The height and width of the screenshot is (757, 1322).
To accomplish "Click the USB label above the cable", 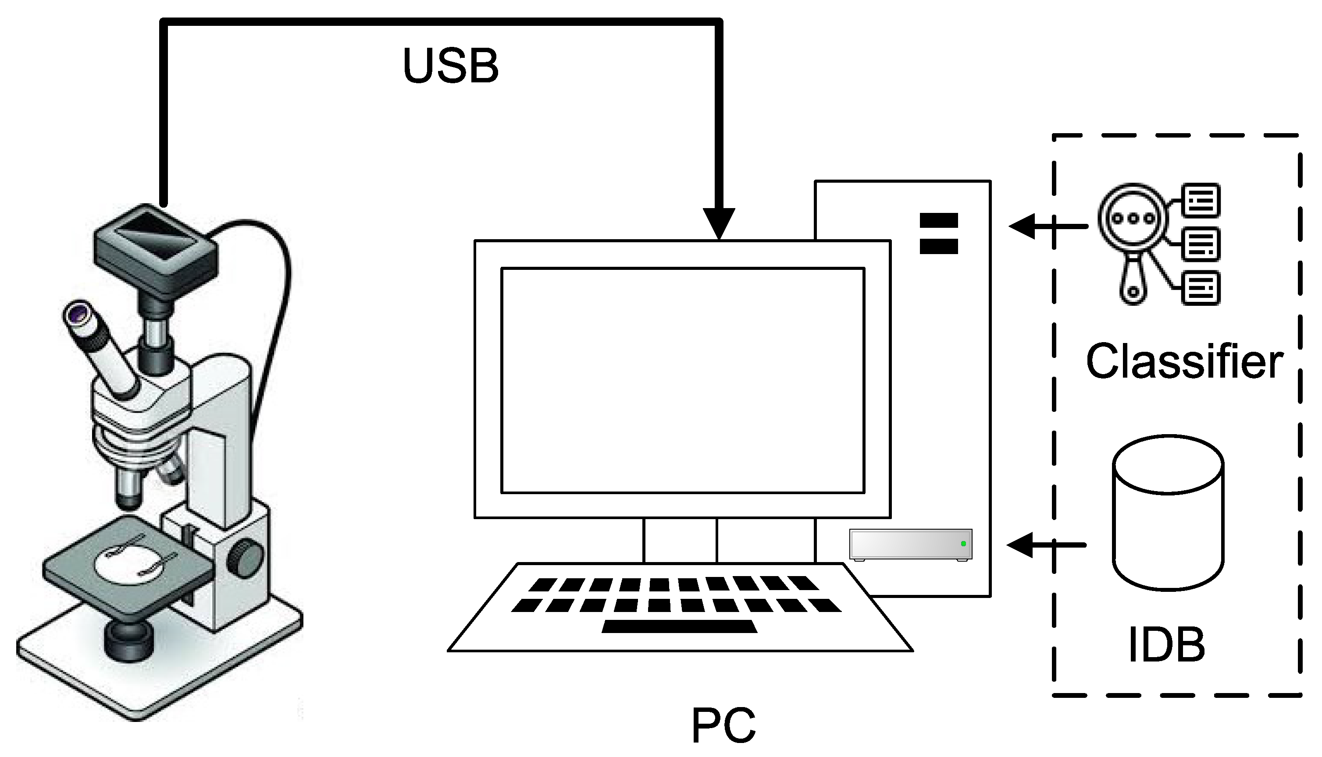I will (x=451, y=66).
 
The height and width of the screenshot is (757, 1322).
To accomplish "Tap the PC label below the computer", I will (x=723, y=726).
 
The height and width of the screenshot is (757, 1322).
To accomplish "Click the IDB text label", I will (x=1167, y=645).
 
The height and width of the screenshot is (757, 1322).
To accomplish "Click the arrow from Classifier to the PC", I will (x=1046, y=226).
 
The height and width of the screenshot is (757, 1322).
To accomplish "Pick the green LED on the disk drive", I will (x=963, y=544).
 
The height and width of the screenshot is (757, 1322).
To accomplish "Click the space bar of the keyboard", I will (x=679, y=626).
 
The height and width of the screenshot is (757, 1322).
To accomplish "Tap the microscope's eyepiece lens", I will (x=78, y=314).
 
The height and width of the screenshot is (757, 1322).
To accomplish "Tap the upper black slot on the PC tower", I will (x=939, y=220).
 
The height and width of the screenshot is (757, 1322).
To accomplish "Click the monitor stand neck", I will (x=680, y=541).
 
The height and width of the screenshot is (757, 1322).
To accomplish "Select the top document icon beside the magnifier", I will (x=1201, y=200).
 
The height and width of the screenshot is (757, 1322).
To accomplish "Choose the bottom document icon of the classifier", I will (x=1201, y=287).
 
